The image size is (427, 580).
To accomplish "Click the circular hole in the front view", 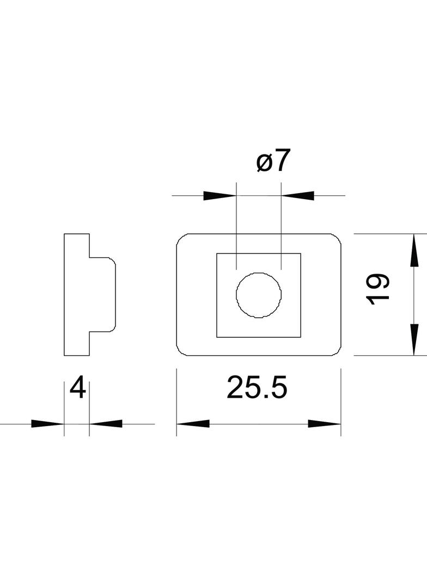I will coord(259,294).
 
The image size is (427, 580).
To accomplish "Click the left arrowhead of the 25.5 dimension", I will coord(193,424).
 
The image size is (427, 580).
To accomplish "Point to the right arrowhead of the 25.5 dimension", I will coord(325,424).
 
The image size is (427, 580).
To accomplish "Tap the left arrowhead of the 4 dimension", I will coord(47,424).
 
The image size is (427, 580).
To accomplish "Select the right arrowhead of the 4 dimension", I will coord(106,424).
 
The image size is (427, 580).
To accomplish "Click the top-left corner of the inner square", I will coord(217,254).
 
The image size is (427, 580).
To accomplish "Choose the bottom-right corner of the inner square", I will coord(301,336).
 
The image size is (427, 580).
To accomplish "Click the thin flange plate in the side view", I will coord(77,294).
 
